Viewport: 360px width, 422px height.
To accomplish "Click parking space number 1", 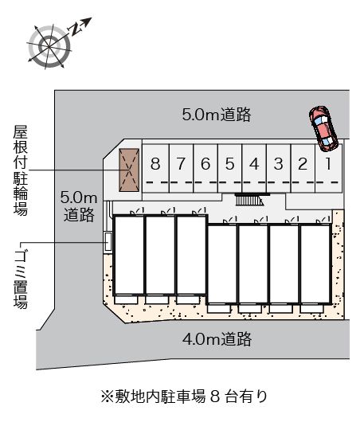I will point(327,165).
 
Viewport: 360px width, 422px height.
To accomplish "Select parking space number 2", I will point(303,165).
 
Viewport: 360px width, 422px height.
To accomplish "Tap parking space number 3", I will point(278,165).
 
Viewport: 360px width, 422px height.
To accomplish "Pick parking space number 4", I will point(253,165).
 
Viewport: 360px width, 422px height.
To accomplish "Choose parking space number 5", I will point(229,165).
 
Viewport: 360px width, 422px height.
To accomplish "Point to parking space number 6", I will point(205,165).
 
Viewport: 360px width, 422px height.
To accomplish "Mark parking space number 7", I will point(181,165).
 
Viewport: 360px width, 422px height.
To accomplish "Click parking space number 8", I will point(155,165).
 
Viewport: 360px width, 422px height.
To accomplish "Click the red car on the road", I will point(323,127).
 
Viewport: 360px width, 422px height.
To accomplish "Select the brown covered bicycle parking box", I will point(129,170).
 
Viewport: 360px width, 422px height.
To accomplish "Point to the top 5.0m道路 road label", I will point(217,115).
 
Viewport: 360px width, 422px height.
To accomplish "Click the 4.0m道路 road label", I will point(217,340).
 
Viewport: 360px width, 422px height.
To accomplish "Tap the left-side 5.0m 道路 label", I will point(79,205).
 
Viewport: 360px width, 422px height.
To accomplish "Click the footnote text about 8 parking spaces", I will point(179,394).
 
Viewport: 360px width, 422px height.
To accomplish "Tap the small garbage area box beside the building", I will point(108,240).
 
